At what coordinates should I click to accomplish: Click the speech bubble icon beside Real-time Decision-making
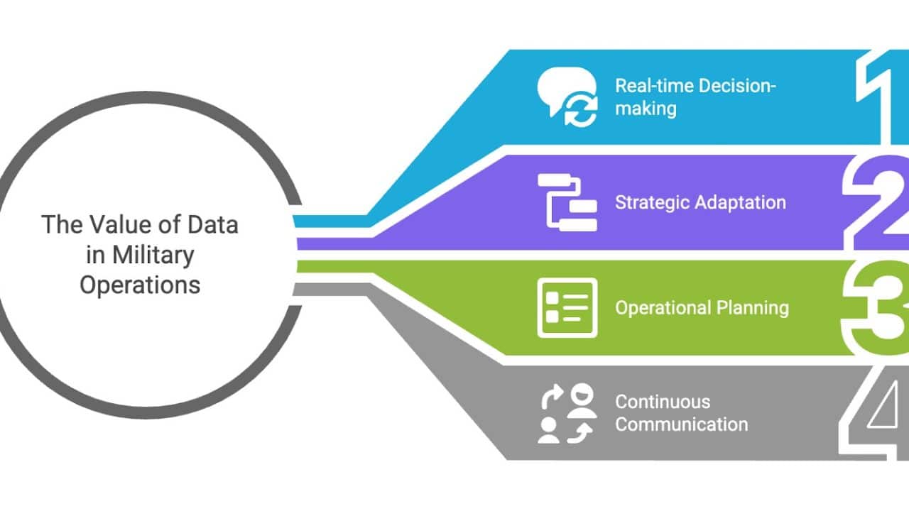click(567, 99)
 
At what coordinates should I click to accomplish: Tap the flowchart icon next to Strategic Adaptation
click(567, 202)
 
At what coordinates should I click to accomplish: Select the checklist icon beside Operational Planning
click(567, 307)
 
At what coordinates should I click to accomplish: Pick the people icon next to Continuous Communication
click(567, 413)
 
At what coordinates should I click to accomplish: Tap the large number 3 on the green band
click(877, 307)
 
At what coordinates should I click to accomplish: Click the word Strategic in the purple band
click(653, 203)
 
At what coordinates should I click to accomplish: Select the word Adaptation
click(741, 203)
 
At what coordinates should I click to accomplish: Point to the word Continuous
click(663, 402)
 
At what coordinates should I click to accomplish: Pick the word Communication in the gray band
click(681, 424)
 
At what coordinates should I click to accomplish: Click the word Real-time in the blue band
click(654, 86)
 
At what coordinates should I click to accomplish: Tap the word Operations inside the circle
click(140, 285)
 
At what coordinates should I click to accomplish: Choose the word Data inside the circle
click(212, 225)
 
